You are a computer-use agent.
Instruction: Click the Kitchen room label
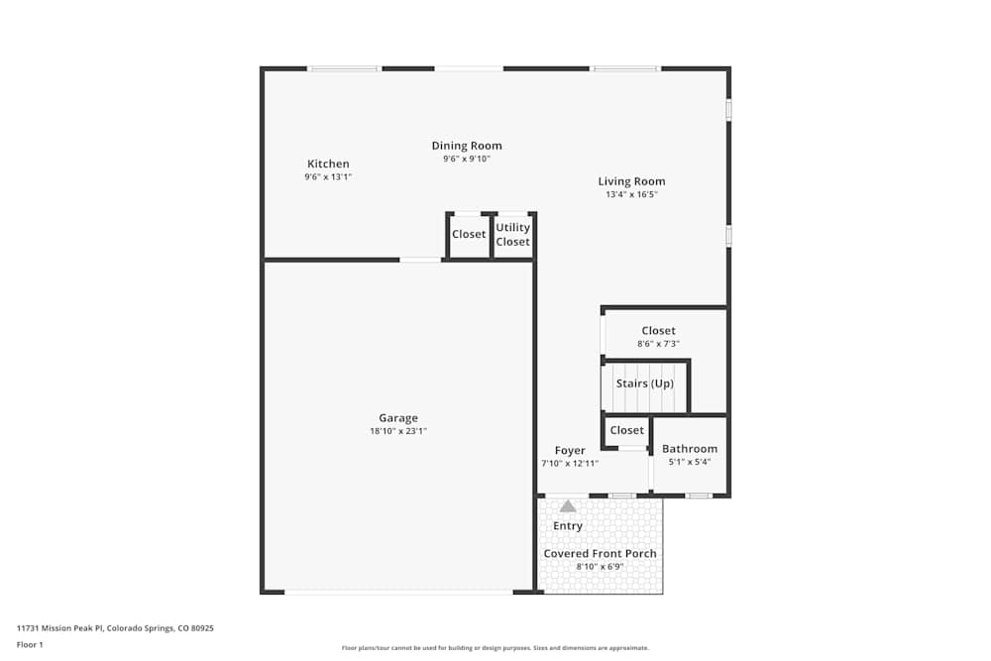328,165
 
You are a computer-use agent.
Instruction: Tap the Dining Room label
467,146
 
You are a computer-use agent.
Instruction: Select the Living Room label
631,181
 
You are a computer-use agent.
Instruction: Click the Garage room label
397,418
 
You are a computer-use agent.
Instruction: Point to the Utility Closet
513,235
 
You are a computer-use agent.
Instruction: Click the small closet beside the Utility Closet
469,235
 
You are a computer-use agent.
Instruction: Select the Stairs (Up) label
645,384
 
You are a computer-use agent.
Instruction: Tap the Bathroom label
690,449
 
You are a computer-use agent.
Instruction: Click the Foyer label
570,451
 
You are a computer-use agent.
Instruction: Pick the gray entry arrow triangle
568,506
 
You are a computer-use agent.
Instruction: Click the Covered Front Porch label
600,554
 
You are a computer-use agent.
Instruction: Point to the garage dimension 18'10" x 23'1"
397,431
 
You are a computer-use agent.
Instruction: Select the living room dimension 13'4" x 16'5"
631,195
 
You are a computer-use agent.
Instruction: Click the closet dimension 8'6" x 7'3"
658,344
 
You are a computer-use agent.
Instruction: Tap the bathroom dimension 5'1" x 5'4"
690,462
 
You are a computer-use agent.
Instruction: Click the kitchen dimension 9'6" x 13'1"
328,177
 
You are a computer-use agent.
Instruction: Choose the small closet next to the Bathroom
626,430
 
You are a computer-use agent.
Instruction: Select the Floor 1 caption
30,645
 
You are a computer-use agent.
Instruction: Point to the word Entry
568,526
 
